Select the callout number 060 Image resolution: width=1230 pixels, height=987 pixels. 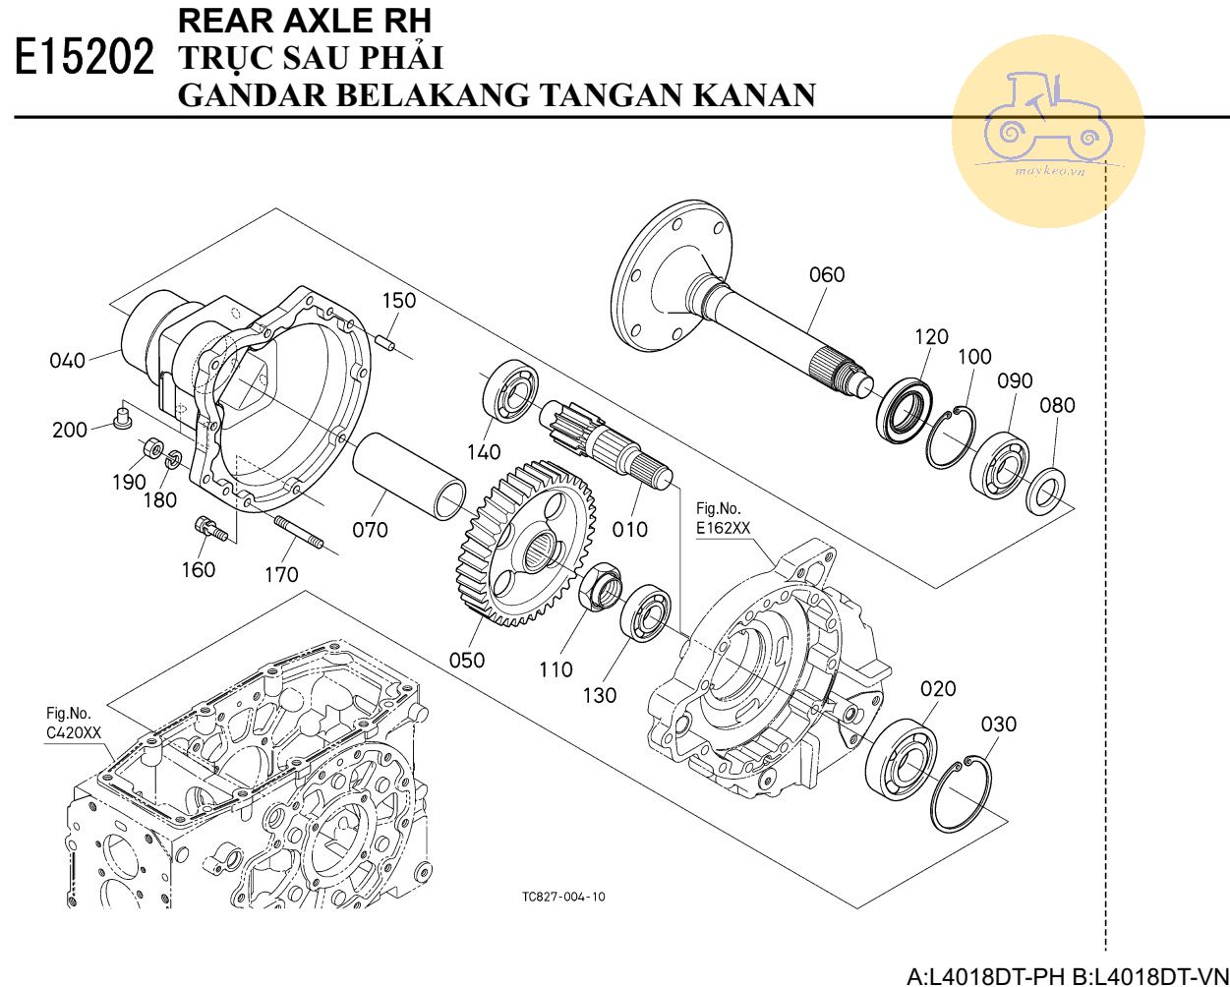[x=826, y=275]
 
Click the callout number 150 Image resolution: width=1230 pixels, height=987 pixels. [x=399, y=301]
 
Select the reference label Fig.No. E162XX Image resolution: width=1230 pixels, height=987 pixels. [x=723, y=518]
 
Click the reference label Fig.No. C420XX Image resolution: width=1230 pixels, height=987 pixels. [x=73, y=723]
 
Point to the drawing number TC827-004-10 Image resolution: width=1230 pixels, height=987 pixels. [x=563, y=897]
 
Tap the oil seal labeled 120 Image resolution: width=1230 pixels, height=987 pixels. [x=904, y=411]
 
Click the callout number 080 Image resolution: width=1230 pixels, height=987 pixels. [x=1057, y=405]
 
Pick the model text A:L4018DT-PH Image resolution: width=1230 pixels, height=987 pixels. [x=984, y=976]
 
